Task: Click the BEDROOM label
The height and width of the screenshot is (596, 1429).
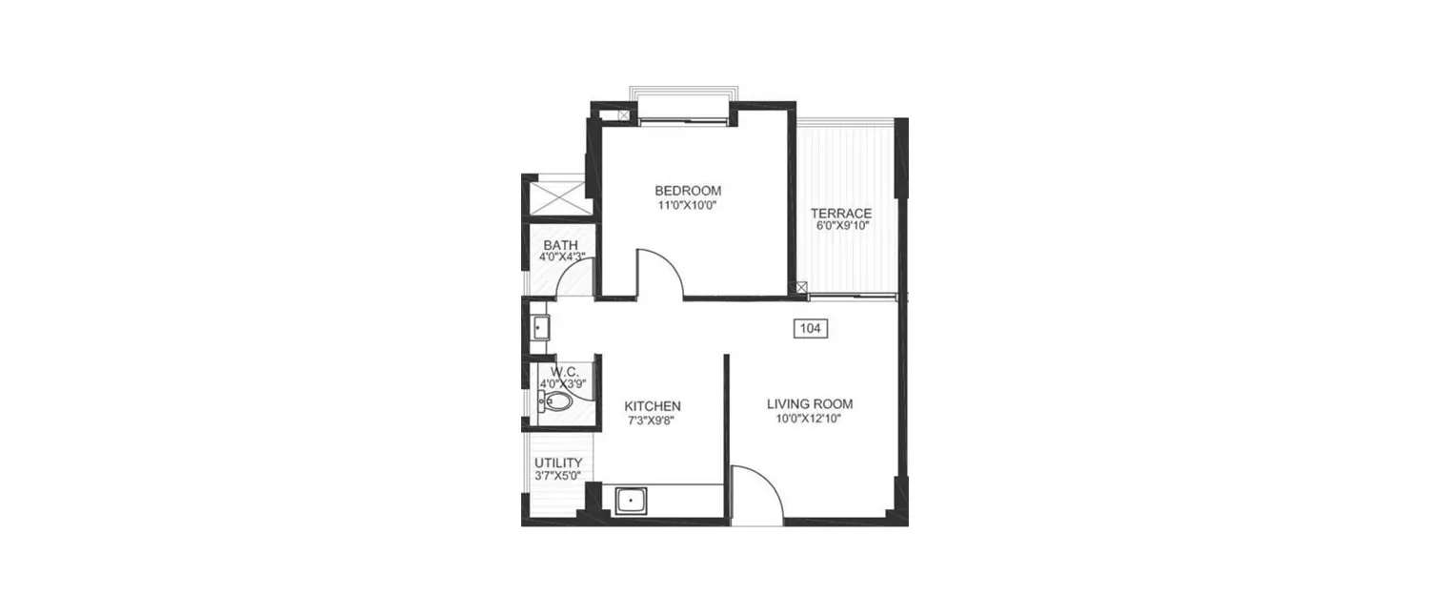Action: [x=688, y=190]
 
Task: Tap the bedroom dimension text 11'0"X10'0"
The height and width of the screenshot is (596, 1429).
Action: [x=688, y=204]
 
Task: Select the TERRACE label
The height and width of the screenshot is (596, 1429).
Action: [x=840, y=213]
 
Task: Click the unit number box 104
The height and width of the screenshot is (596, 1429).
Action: [x=810, y=328]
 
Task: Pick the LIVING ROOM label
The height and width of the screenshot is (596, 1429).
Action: [x=810, y=403]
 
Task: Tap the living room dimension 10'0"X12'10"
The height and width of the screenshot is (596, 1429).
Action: [x=810, y=418]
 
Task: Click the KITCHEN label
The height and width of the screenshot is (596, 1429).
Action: [x=653, y=405]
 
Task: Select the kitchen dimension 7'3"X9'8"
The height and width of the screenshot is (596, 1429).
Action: [x=653, y=420]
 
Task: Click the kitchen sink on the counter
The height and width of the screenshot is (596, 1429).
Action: [x=631, y=500]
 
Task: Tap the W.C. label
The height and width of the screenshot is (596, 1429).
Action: [x=565, y=371]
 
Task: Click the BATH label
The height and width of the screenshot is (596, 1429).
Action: [x=560, y=245]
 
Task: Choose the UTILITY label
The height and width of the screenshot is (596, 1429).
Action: [x=558, y=462]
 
